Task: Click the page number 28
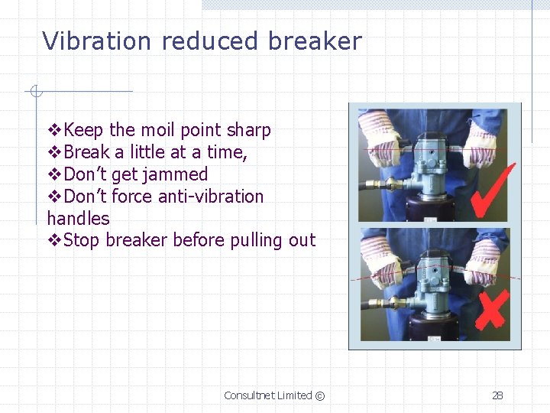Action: coord(497,395)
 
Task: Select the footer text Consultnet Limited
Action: coord(268,395)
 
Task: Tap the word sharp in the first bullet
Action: coord(247,131)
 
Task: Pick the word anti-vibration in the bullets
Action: coord(210,197)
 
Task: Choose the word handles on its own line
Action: coord(78,219)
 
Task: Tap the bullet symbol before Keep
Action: coord(53,131)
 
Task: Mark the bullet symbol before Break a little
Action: coord(53,153)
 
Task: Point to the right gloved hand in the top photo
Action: coord(481,141)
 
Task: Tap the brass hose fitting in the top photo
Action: coord(391,184)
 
